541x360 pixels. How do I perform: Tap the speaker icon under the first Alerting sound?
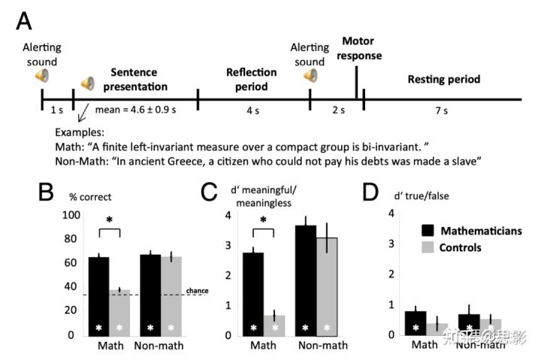click(43, 75)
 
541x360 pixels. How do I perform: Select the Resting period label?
click(443, 78)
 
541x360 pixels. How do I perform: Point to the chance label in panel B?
click(197, 290)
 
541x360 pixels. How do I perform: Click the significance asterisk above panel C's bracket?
click(263, 221)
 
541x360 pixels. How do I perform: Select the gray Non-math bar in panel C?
click(325, 286)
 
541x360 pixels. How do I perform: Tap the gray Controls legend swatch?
click(428, 247)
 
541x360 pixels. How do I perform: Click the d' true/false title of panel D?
click(408, 198)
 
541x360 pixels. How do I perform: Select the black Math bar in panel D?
click(415, 322)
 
